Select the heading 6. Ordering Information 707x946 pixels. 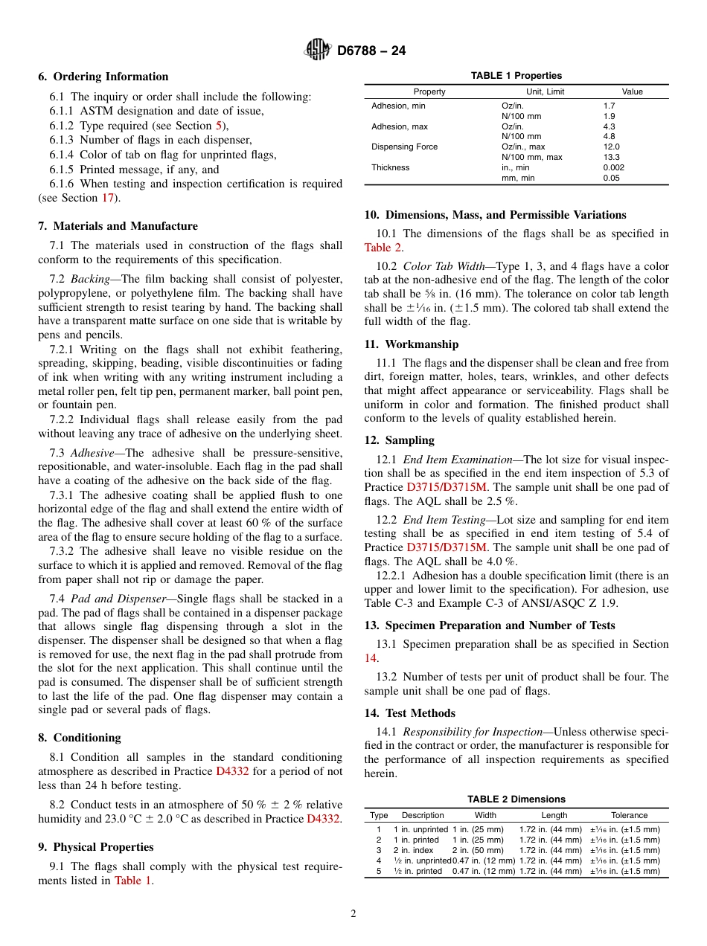[103, 77]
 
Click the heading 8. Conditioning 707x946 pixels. [80, 738]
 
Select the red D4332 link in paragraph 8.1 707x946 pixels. [232, 771]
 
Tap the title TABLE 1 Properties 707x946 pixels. [516, 76]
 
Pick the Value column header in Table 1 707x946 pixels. [632, 91]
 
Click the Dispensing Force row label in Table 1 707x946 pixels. [404, 147]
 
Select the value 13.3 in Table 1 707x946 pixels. [610, 158]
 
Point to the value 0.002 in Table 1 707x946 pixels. [614, 168]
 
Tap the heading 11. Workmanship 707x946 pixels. [411, 344]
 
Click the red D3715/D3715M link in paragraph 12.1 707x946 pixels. [443, 487]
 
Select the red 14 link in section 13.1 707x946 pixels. [370, 658]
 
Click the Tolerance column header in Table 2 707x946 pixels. [629, 815]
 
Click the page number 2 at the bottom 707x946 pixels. [353, 914]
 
